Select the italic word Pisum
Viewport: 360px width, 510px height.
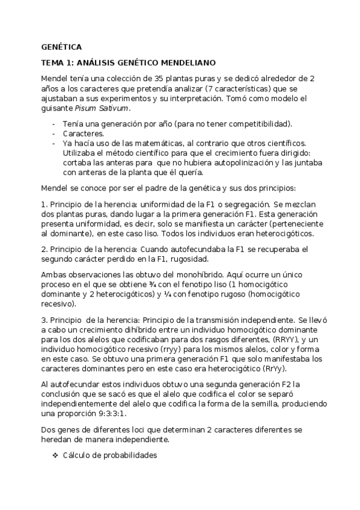(x=85, y=108)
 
